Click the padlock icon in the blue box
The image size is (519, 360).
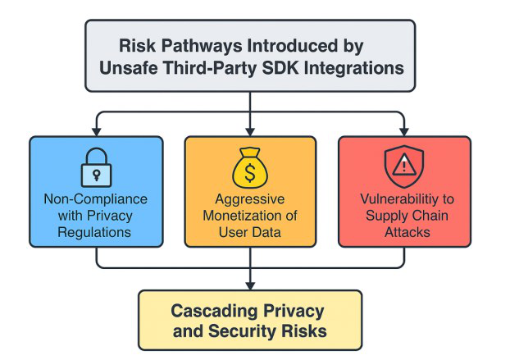coord(96,167)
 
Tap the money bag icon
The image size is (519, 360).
coord(250,167)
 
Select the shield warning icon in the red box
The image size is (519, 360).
coord(404,166)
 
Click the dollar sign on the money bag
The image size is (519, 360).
coord(250,172)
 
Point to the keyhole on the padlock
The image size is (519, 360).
coord(96,175)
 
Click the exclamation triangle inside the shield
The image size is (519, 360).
coord(404,166)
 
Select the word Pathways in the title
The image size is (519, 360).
coord(202,45)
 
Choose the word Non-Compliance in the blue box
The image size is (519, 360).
coord(96,199)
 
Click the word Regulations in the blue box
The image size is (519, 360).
coord(94,232)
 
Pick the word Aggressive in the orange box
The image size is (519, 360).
coord(250,199)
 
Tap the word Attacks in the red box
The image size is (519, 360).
coord(407,232)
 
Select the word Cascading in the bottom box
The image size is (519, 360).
coord(214,311)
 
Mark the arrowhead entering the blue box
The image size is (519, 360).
coord(96,132)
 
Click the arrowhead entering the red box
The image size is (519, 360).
coord(404,132)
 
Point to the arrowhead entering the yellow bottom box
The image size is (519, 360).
coord(250,286)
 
